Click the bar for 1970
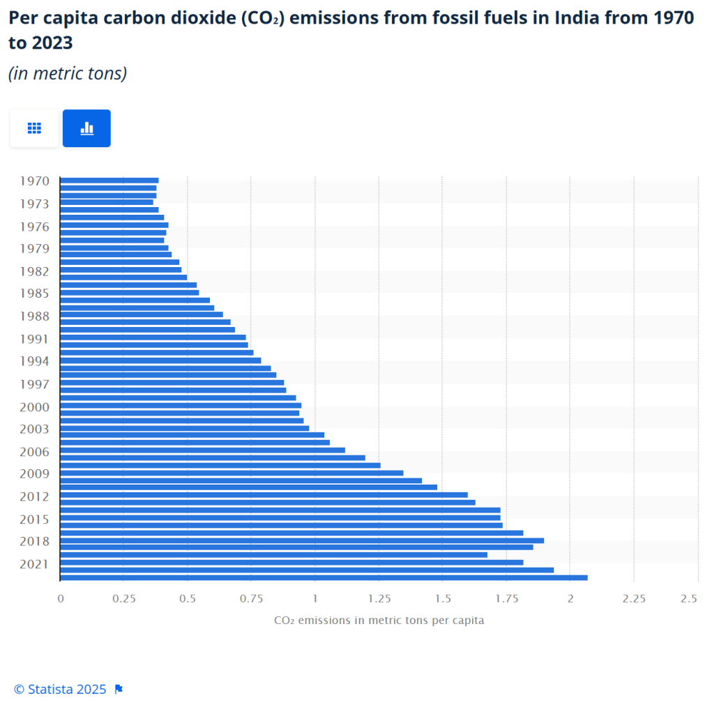(109, 181)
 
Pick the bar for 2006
(202, 450)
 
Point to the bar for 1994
(160, 360)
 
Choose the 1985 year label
(34, 294)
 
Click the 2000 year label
(34, 407)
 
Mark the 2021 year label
(34, 563)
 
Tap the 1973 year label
(34, 204)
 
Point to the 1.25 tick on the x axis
(379, 598)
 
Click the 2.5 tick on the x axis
(690, 598)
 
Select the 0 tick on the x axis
(61, 598)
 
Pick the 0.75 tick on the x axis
(251, 598)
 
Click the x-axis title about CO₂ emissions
(379, 620)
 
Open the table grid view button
(34, 128)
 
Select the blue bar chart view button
(86, 128)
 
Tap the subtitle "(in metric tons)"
(68, 73)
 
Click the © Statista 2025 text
(60, 689)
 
